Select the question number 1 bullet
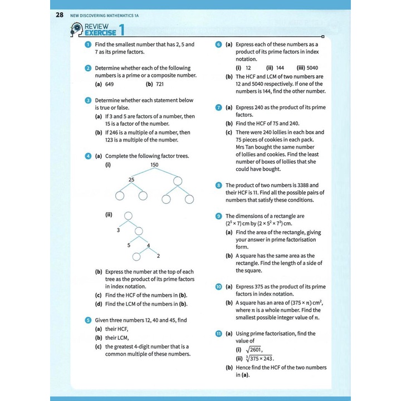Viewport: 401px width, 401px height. click(88, 44)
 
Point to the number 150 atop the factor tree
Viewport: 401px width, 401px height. click(154, 165)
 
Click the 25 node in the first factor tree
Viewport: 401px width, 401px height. click(131, 179)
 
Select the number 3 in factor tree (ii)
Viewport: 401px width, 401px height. click(118, 229)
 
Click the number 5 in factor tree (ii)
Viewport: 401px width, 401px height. click(128, 244)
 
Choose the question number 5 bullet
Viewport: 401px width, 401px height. click(88, 320)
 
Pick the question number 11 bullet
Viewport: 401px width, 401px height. click(219, 334)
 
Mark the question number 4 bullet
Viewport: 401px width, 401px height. click(88, 157)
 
